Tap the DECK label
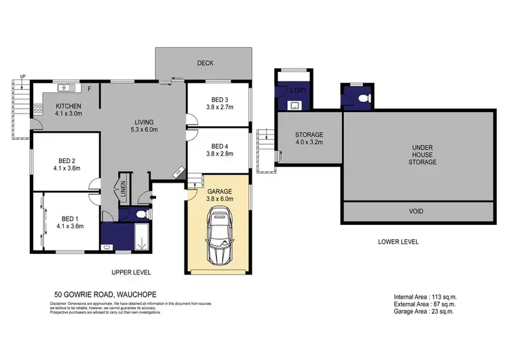[205, 63]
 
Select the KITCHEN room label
[69, 107]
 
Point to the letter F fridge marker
[89, 88]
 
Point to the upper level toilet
[138, 214]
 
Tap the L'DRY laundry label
[296, 90]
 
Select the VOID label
[415, 211]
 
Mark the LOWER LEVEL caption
[398, 241]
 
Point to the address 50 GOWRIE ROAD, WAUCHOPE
[105, 294]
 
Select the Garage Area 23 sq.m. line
[423, 312]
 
